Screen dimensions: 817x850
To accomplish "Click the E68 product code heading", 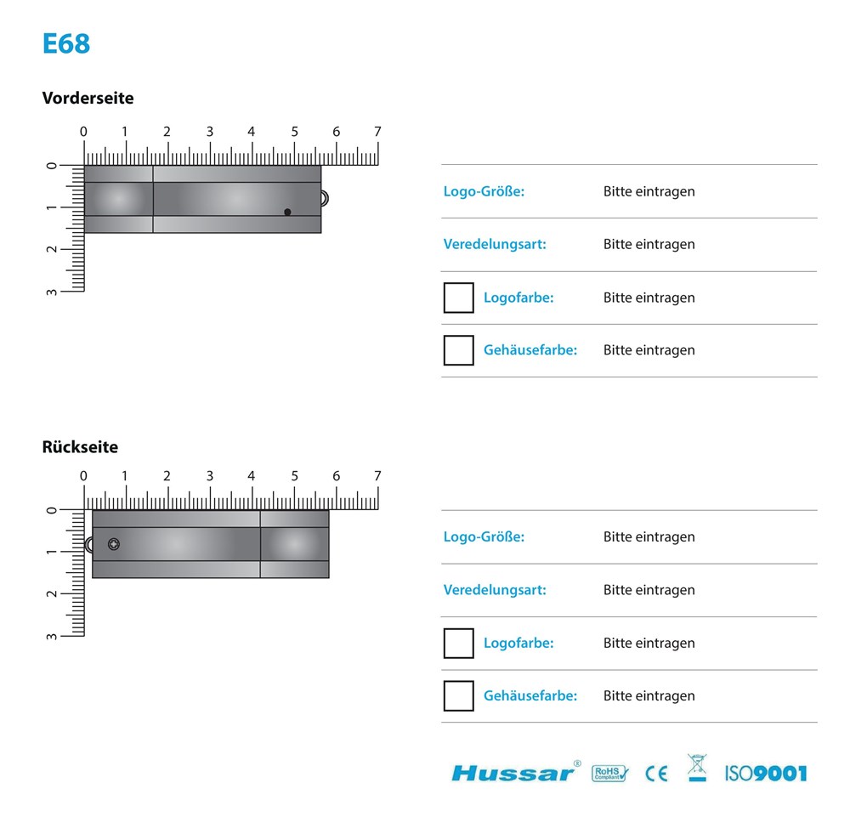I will tap(66, 43).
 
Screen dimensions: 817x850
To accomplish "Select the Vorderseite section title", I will tap(88, 98).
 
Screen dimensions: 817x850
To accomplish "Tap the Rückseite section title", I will tap(80, 447).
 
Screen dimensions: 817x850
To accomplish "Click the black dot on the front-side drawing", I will tap(287, 212).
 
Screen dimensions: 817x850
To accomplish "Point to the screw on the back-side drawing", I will tap(114, 544).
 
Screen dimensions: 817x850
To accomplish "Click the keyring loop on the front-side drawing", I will tap(324, 199).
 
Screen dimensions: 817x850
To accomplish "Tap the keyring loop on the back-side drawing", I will tap(89, 545).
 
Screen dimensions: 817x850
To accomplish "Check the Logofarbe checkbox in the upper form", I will tap(458, 298).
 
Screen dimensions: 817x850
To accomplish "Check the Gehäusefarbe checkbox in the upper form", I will tap(458, 350).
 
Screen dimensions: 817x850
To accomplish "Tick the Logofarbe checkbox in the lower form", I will tap(458, 644).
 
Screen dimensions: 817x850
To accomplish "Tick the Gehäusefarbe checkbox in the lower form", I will tap(458, 696).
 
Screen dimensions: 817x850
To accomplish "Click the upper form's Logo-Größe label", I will tap(484, 191).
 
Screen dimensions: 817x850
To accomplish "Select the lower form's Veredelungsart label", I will tap(495, 590).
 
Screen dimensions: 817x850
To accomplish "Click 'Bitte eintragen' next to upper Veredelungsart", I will tap(649, 245).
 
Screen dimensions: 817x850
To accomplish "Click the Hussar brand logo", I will tap(513, 772).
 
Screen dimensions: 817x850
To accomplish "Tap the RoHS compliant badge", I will tap(609, 773).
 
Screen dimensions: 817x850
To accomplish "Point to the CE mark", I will tap(656, 774).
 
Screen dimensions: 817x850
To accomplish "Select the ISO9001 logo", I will tap(765, 773).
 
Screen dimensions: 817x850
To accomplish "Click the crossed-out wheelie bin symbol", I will tap(696, 768).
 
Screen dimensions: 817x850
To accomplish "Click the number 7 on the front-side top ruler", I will tap(377, 132).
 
